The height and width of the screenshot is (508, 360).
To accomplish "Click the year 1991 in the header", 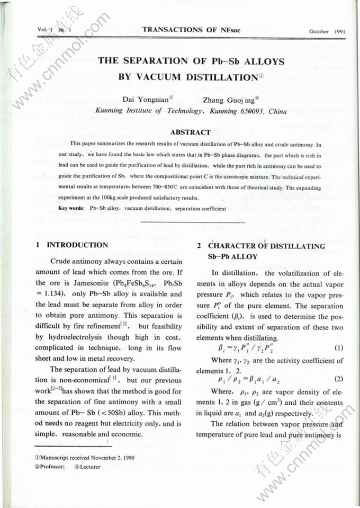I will [x=340, y=31].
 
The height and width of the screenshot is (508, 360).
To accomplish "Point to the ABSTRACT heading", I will [x=191, y=132].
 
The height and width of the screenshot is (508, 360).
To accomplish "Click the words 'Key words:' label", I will [x=72, y=209].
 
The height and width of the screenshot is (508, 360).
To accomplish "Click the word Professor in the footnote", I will [x=52, y=467].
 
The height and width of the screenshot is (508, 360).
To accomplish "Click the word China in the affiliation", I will [x=277, y=111].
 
